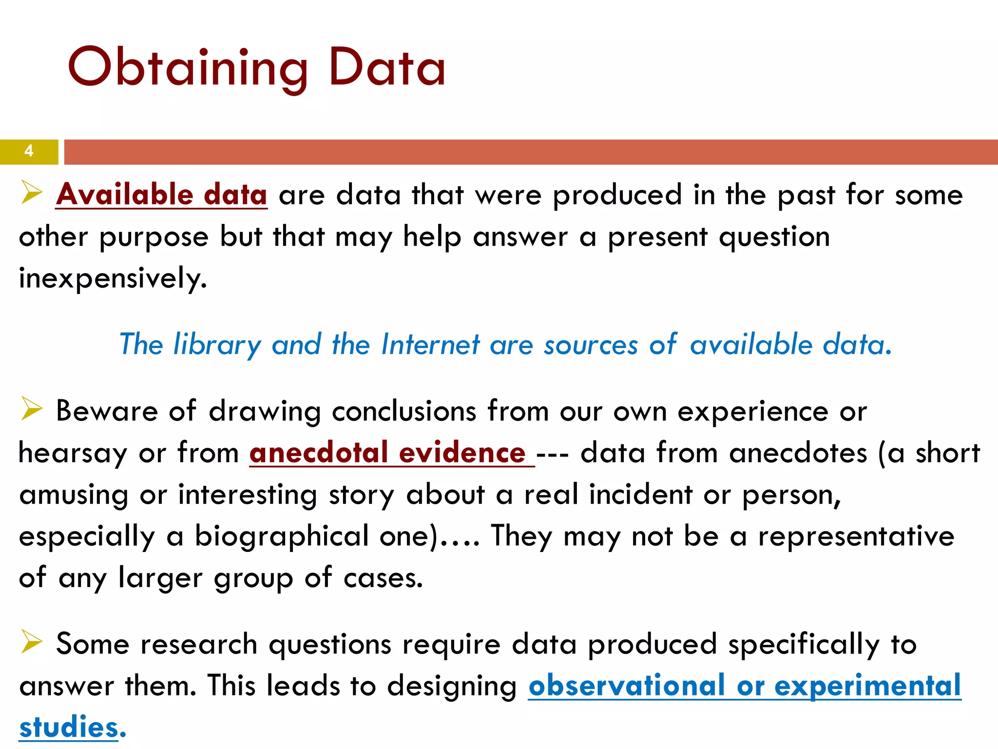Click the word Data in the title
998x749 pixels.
coord(387,67)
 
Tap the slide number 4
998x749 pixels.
coord(29,151)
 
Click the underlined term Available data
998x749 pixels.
coord(161,195)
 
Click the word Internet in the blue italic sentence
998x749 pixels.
coord(430,344)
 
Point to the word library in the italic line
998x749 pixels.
coord(217,345)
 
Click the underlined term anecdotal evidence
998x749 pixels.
coord(387,453)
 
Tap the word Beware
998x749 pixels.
coord(107,411)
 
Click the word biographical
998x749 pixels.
coord(282,536)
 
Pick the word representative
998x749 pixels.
coord(856,536)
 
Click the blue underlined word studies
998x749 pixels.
coord(69,727)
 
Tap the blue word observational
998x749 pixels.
coord(627,686)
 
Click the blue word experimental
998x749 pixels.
coord(867,686)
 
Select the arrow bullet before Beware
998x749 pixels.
coord(32,408)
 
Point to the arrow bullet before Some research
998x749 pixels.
coord(32,641)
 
